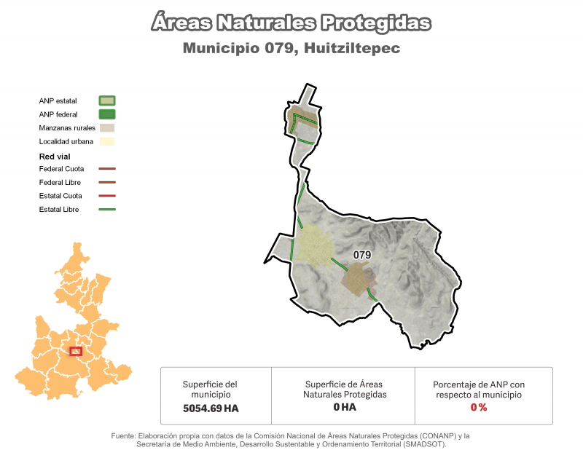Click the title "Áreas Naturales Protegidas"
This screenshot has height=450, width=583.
[x=291, y=23]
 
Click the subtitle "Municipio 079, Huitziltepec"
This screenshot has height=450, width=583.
[x=291, y=49]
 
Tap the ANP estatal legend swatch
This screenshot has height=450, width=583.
[x=107, y=100]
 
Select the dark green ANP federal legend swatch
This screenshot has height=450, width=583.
[x=107, y=114]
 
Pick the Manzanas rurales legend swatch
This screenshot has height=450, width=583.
[x=107, y=127]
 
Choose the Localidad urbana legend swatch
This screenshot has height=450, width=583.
[x=107, y=141]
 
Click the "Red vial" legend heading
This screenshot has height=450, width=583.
[x=54, y=156]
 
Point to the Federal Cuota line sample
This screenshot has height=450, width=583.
[x=106, y=169]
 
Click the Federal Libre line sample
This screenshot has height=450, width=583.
[x=106, y=183]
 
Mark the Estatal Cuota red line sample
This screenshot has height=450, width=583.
[x=106, y=196]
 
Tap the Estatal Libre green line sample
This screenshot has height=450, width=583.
[x=106, y=210]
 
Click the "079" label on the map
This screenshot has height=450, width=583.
[x=362, y=255]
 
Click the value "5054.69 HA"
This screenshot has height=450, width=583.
[x=211, y=408]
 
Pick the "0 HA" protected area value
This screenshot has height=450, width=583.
[x=344, y=407]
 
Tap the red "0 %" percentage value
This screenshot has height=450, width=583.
[x=479, y=407]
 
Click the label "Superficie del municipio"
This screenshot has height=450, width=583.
[x=210, y=389]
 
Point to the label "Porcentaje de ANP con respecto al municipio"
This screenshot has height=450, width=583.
[x=479, y=389]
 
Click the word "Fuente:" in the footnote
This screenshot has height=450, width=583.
[x=124, y=435]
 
